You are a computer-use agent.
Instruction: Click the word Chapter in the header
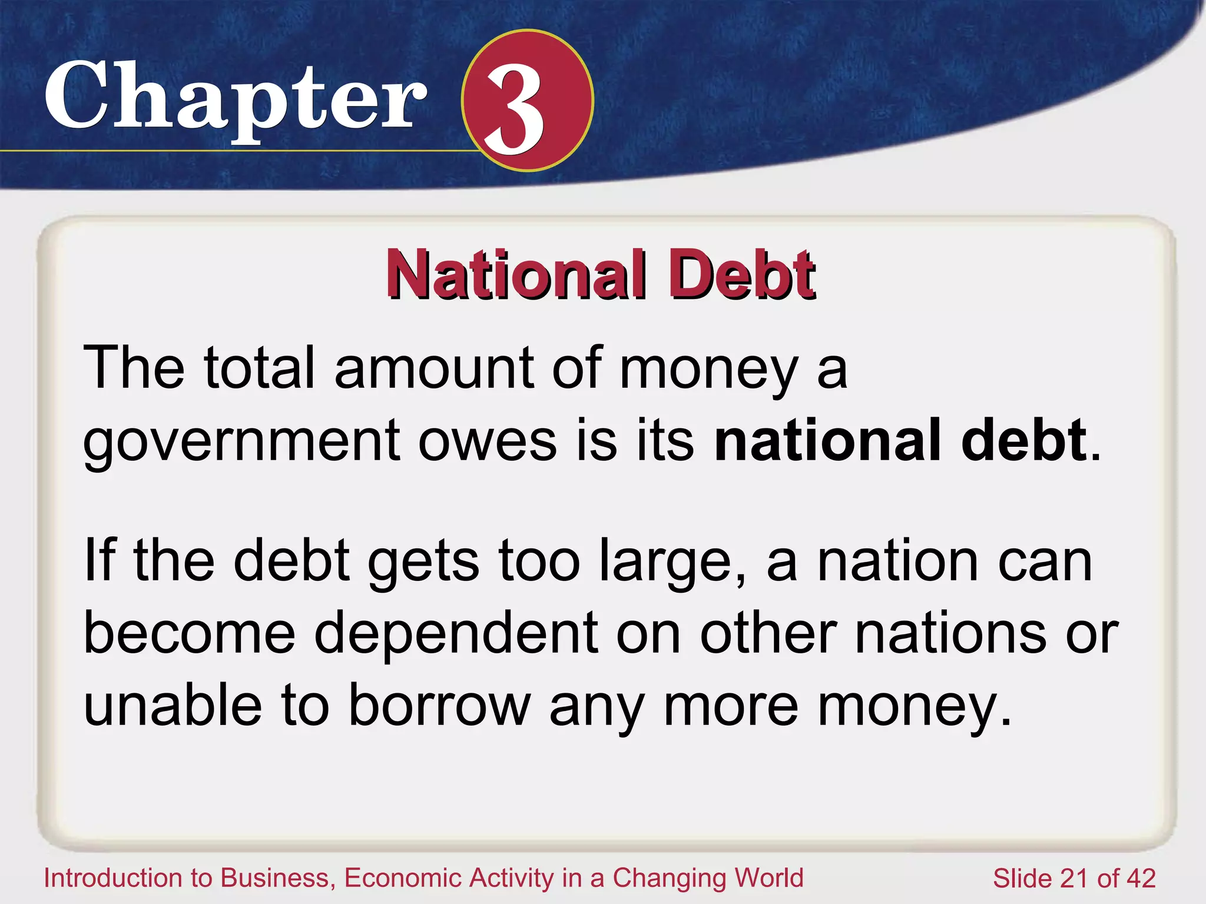[236, 97]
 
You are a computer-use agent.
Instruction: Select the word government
[241, 441]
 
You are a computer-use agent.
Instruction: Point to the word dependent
[456, 634]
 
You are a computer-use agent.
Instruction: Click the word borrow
[439, 706]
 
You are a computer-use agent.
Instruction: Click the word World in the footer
[769, 878]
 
